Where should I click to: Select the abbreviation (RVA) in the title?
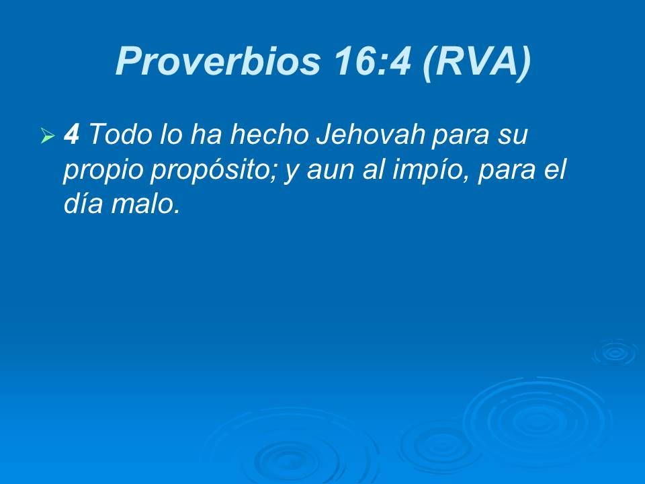[476, 62]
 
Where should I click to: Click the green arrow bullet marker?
[46, 137]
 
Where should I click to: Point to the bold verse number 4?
[71, 135]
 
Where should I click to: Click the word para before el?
[505, 170]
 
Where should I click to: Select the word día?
[81, 204]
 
